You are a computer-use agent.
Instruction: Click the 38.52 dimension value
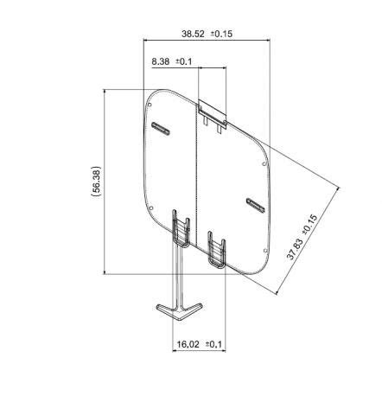tap(193, 34)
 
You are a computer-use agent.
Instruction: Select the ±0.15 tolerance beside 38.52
tap(221, 34)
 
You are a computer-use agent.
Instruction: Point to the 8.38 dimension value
tap(161, 61)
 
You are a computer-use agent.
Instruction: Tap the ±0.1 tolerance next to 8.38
tap(185, 61)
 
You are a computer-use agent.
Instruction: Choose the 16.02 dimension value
tap(188, 344)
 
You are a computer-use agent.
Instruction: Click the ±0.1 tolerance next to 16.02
tap(213, 344)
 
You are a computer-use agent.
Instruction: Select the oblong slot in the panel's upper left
tap(161, 128)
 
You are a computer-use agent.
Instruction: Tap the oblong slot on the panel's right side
tap(255, 204)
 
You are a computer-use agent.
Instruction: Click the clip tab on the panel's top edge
tap(213, 113)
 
